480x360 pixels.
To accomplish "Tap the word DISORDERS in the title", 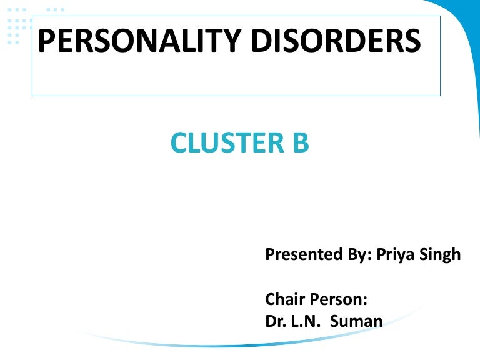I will click(336, 41).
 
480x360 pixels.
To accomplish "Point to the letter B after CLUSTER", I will click(299, 143).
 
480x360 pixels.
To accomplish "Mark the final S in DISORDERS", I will click(412, 41).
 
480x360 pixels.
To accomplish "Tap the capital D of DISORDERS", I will click(261, 41).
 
